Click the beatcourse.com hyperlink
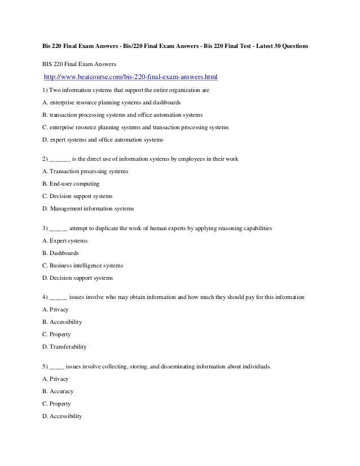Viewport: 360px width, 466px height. click(x=130, y=76)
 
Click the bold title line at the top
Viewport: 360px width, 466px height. click(x=175, y=45)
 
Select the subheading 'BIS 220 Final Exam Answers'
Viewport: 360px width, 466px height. click(x=78, y=64)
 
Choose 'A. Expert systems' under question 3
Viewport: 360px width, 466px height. click(x=65, y=241)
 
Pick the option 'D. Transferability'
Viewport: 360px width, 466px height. click(x=64, y=346)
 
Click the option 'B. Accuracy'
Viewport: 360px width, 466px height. click(x=58, y=391)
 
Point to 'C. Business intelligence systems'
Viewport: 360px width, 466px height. click(x=82, y=265)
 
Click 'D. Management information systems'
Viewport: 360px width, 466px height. click(x=88, y=209)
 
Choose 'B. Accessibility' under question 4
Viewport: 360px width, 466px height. click(x=62, y=322)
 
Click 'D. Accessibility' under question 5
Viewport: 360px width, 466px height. click(x=62, y=416)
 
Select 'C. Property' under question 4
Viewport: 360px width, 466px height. click(x=56, y=334)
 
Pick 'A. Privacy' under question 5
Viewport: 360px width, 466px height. click(x=55, y=379)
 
